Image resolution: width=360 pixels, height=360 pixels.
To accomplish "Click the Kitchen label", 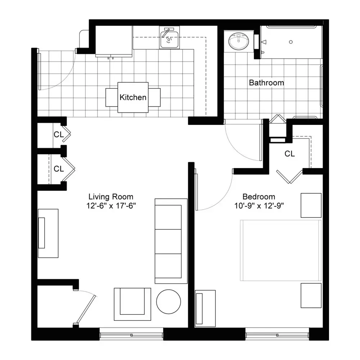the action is [x=133, y=97].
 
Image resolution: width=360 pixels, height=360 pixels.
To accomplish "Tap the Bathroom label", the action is [x=266, y=83].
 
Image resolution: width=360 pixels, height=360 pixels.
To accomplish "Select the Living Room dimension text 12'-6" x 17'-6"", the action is [x=111, y=206].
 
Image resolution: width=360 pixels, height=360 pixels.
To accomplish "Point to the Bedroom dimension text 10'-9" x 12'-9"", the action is [x=259, y=206].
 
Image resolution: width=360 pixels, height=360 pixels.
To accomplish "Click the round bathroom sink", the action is [x=239, y=41].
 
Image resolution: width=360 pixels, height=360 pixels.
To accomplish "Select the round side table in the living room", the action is [x=168, y=302].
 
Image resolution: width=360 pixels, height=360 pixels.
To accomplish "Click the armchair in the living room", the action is [x=132, y=304].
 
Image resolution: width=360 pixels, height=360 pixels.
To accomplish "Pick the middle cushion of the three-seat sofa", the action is [x=168, y=241].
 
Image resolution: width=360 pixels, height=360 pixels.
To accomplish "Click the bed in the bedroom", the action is [x=281, y=250].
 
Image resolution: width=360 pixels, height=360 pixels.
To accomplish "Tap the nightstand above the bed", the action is [x=311, y=205].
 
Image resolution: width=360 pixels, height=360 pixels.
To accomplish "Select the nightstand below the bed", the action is [x=311, y=296].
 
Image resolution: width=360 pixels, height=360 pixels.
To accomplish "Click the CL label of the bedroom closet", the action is [x=289, y=154].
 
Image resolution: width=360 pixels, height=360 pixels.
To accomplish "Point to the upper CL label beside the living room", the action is [x=59, y=134].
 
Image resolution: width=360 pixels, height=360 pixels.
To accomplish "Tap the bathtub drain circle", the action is [x=291, y=42].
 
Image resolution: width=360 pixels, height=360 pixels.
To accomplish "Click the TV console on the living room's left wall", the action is [x=48, y=233].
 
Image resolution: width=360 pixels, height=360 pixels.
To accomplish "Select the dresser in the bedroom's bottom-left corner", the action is [x=205, y=309].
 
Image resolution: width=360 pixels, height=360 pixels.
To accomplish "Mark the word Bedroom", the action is [x=259, y=197].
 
